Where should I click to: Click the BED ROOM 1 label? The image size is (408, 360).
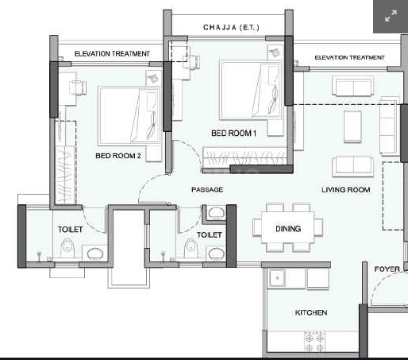pyautogui.click(x=233, y=133)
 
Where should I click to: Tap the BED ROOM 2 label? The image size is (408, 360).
pyautogui.click(x=118, y=156)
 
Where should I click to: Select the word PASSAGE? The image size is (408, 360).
pyautogui.click(x=207, y=190)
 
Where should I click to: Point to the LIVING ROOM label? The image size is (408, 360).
pyautogui.click(x=345, y=190)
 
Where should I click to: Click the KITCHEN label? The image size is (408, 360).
pyautogui.click(x=311, y=312)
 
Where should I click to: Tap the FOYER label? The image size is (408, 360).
pyautogui.click(x=387, y=269)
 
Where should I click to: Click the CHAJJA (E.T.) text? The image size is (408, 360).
pyautogui.click(x=231, y=27)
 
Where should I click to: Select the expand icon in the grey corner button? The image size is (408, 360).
pyautogui.click(x=391, y=16)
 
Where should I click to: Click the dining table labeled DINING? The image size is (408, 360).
pyautogui.click(x=288, y=227)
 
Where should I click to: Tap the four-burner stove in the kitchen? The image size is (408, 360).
pyautogui.click(x=314, y=341)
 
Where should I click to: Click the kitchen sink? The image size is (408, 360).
pyautogui.click(x=277, y=278)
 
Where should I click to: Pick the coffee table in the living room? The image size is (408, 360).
pyautogui.click(x=352, y=126)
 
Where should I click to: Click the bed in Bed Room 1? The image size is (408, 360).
pyautogui.click(x=251, y=91)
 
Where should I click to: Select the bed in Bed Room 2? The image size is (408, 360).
pyautogui.click(x=129, y=116)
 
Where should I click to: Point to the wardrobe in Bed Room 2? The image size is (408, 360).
pyautogui.click(x=66, y=162)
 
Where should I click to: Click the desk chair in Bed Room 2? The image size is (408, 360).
pyautogui.click(x=77, y=87)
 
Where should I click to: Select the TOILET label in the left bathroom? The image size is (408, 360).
pyautogui.click(x=71, y=230)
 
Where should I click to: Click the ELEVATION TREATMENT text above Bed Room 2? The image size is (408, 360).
pyautogui.click(x=112, y=54)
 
